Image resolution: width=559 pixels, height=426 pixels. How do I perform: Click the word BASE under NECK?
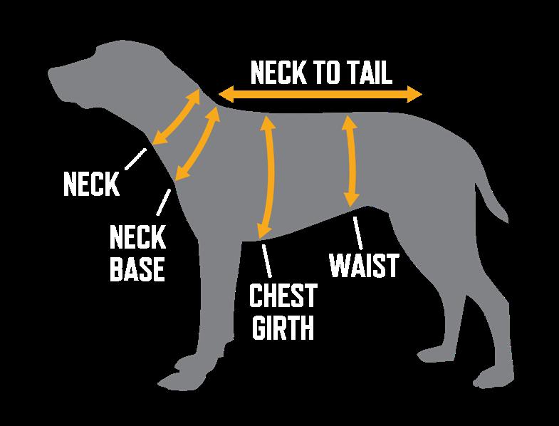pos(137,269)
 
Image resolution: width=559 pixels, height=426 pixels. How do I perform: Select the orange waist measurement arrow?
pos(350,161)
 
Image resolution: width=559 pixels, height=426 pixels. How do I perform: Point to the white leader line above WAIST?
pos(358,232)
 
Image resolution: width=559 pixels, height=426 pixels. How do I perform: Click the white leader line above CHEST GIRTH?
pos(267,260)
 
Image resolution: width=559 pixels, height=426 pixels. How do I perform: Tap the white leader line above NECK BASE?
pos(163,203)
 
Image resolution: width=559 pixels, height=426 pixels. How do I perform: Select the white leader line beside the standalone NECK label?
pos(136,158)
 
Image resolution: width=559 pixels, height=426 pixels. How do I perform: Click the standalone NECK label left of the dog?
pos(90,185)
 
